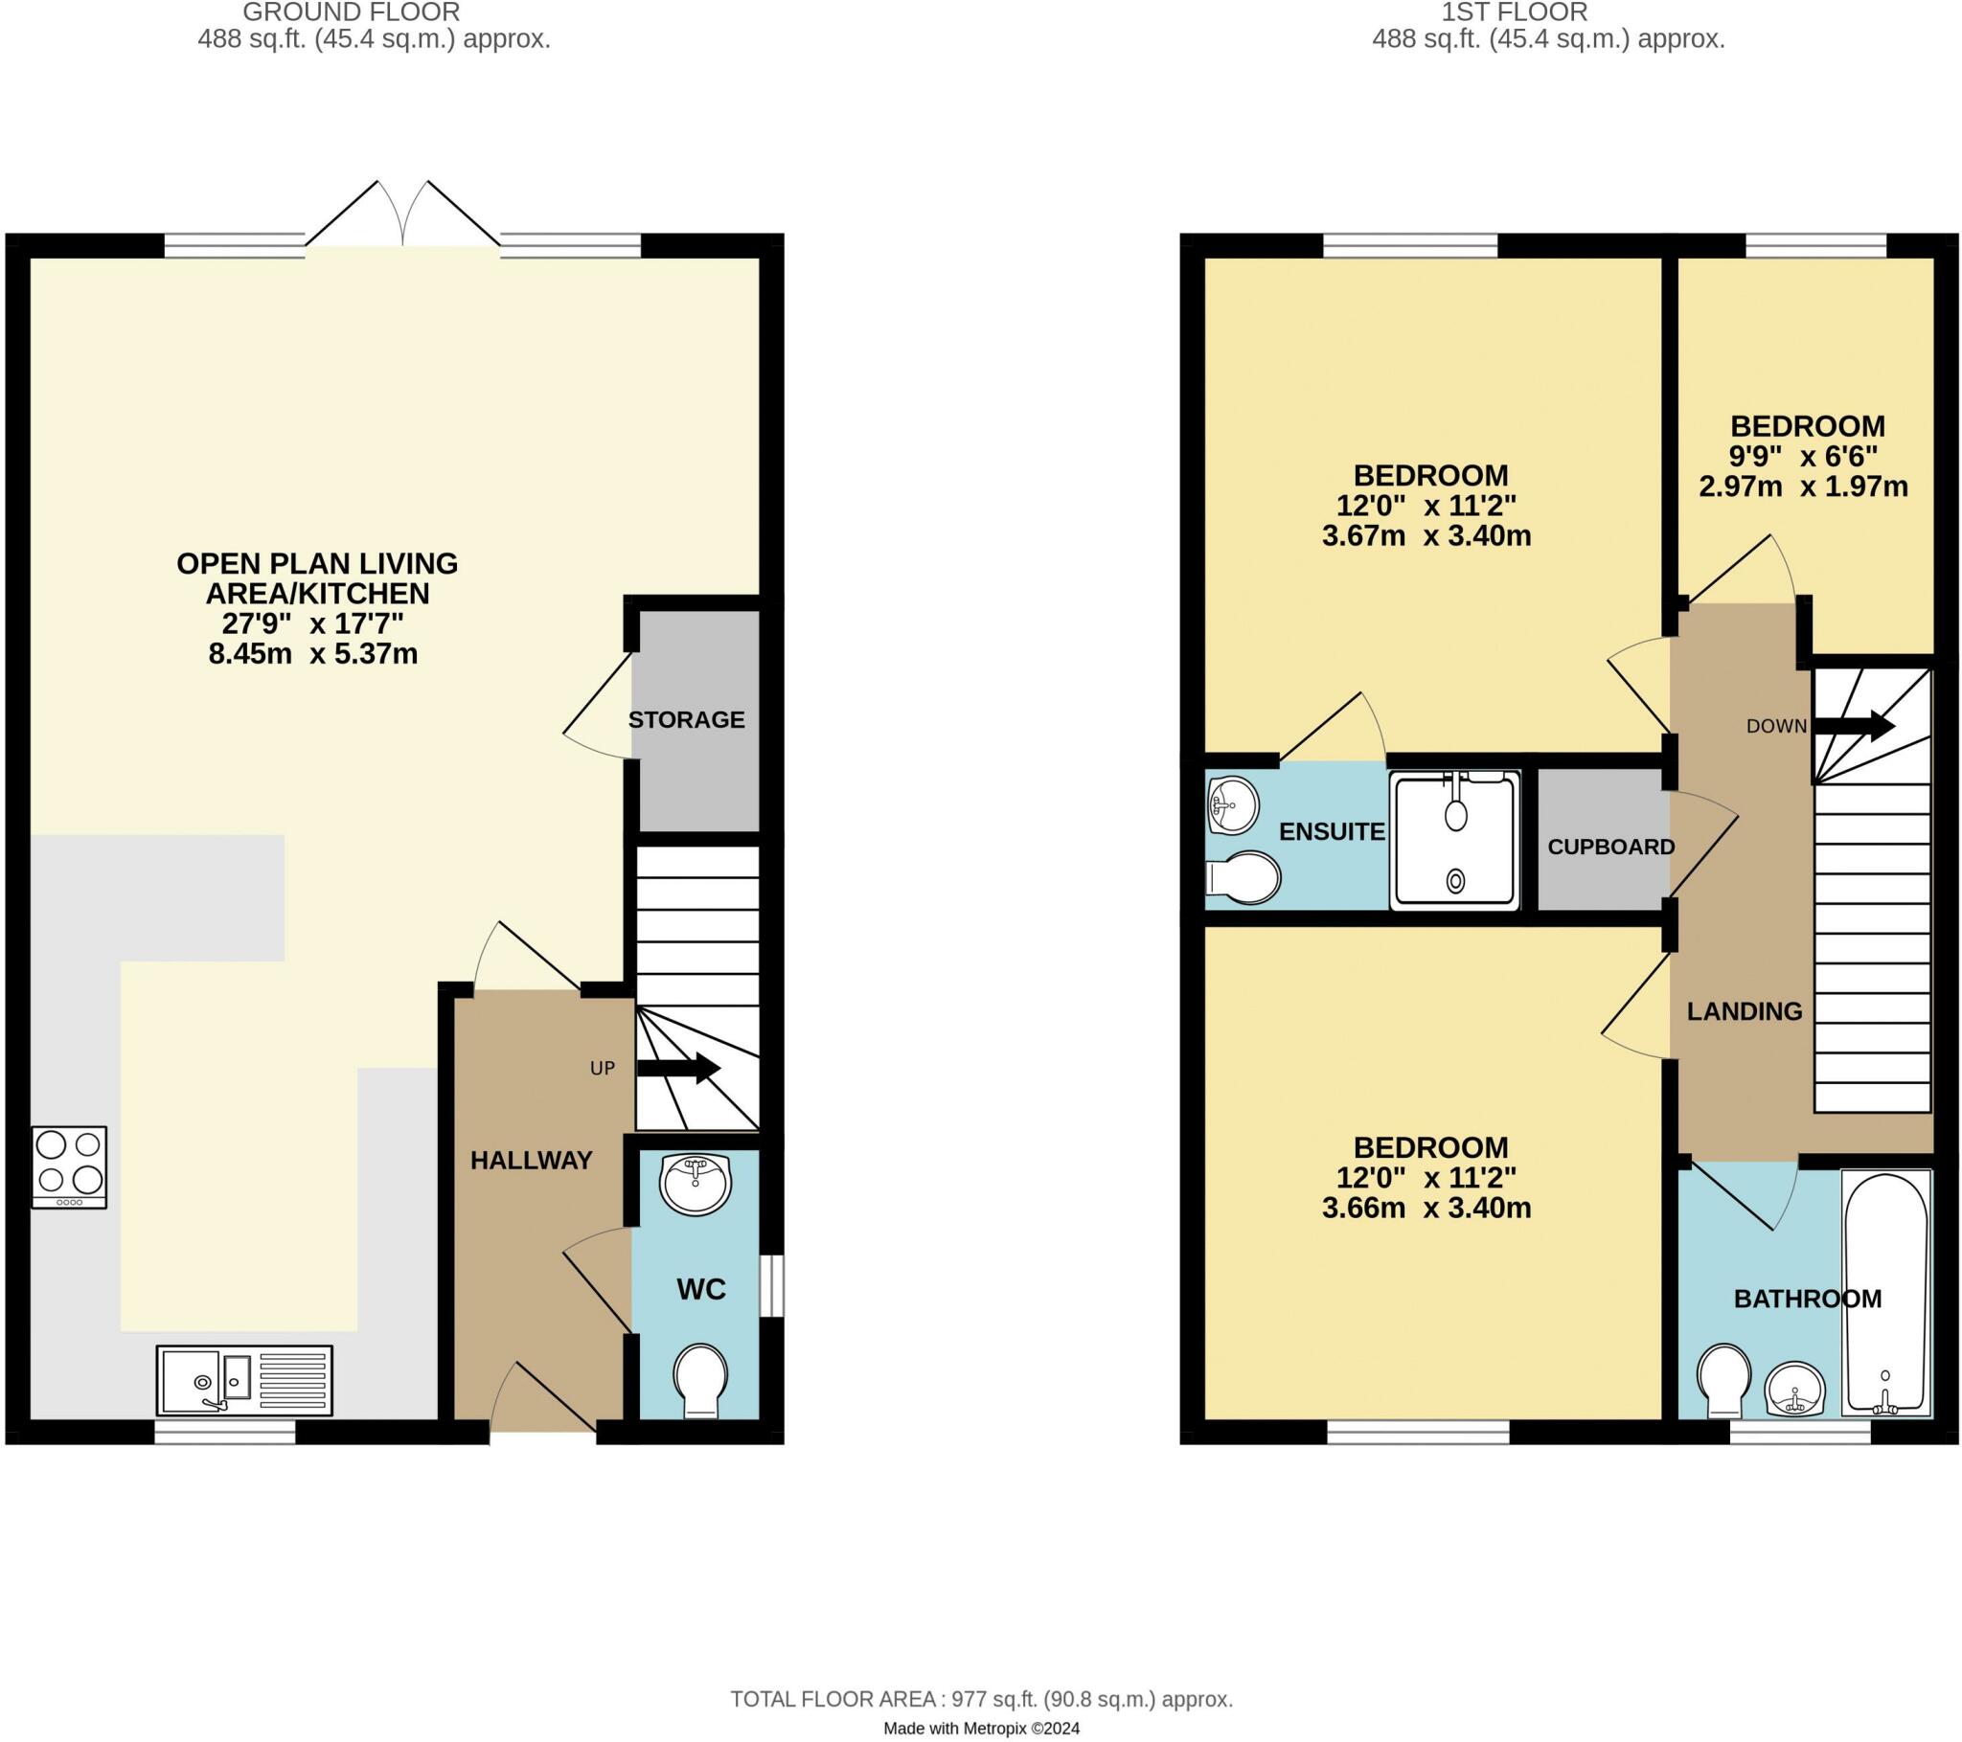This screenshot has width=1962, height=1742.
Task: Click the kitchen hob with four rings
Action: tap(69, 1167)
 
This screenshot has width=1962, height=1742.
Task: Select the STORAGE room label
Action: tap(686, 720)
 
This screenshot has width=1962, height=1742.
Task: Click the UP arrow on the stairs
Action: tap(679, 1068)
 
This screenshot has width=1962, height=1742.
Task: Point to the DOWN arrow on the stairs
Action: tap(1853, 727)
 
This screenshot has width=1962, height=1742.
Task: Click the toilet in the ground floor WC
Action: tap(700, 1380)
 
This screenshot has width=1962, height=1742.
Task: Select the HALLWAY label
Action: tap(531, 1162)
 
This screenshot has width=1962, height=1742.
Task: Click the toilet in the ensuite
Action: tap(1243, 877)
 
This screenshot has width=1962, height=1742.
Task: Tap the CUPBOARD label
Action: tap(1610, 848)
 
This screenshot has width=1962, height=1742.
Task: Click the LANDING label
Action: tap(1745, 1011)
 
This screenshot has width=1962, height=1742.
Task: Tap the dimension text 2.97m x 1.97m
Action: tap(1804, 486)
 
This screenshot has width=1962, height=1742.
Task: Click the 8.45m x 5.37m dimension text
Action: tap(313, 655)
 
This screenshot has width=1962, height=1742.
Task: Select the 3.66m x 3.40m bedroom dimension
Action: tap(1426, 1208)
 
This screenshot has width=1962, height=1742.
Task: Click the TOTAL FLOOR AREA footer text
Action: tap(981, 1700)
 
